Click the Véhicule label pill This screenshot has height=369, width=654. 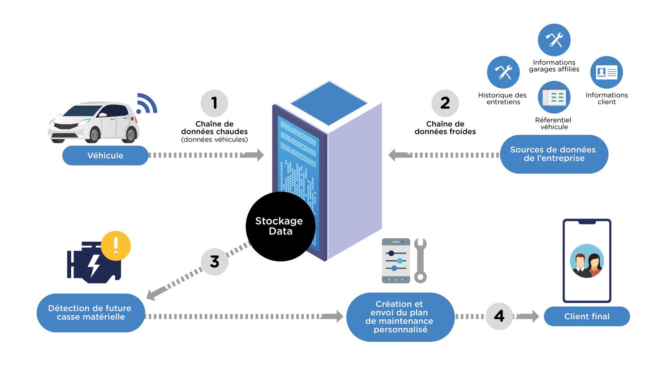click(105, 155)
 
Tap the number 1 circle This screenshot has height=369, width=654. click(214, 103)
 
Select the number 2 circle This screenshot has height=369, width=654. click(445, 103)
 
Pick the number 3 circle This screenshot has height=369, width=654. click(215, 262)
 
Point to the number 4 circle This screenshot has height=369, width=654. click(499, 316)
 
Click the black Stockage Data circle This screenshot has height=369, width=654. click(280, 226)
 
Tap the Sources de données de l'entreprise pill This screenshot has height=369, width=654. click(554, 154)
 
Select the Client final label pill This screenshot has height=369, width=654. click(586, 316)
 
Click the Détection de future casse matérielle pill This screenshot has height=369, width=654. click(90, 313)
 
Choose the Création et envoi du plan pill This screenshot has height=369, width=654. click(400, 317)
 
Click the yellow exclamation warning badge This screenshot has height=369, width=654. click(116, 246)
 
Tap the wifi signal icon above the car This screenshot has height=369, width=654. click(146, 104)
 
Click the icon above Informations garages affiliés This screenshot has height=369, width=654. click(554, 40)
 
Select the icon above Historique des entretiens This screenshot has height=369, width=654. click(503, 72)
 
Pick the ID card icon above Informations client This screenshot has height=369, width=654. click(607, 72)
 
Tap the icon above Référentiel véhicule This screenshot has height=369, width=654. click(554, 97)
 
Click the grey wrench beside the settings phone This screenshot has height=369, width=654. click(420, 260)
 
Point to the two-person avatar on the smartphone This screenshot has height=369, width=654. click(587, 261)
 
